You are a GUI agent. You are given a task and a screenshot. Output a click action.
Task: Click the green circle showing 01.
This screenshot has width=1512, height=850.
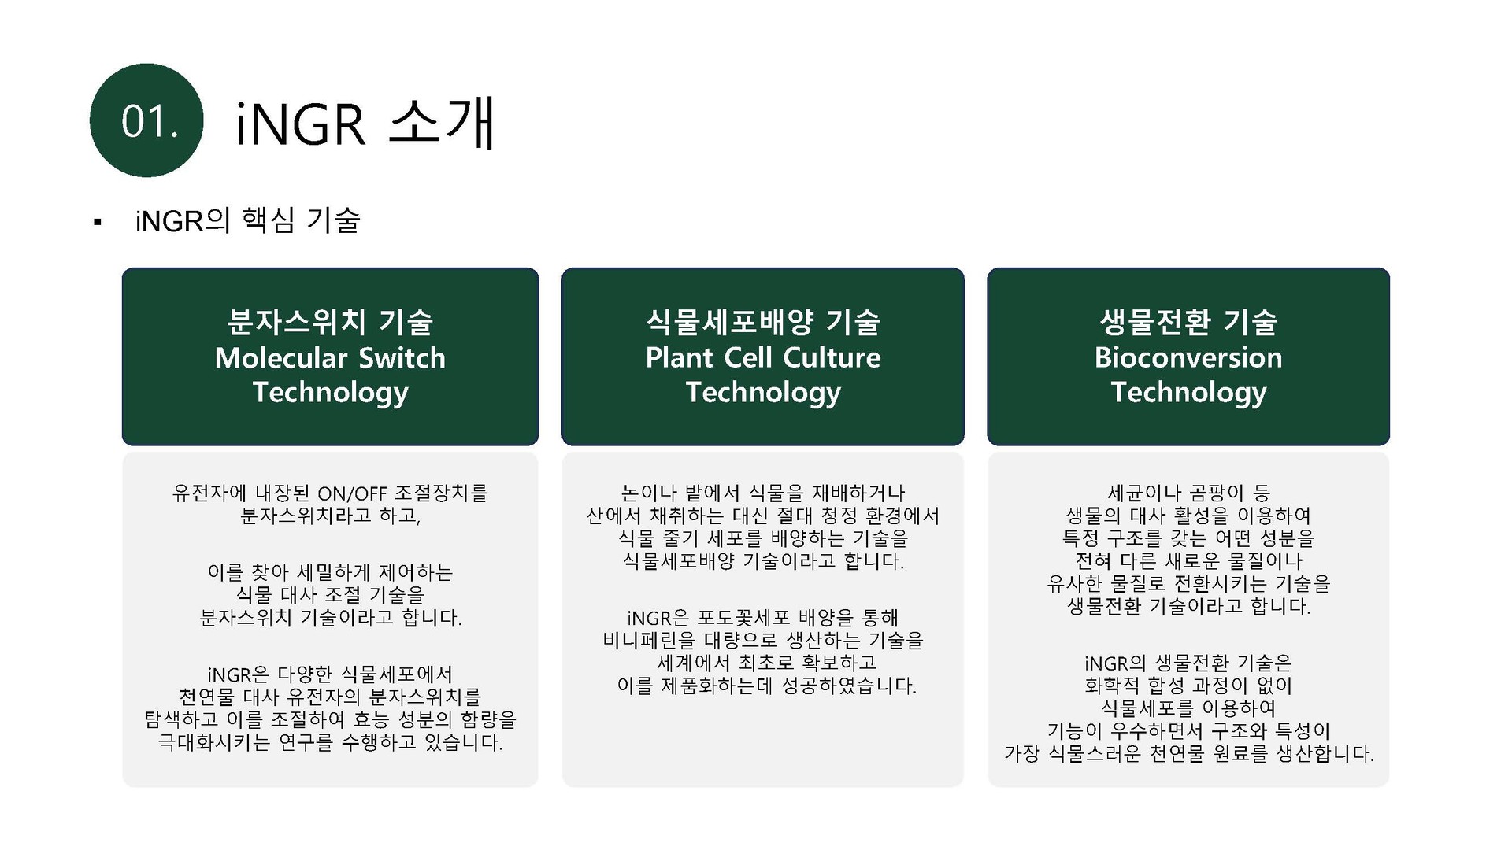[146, 120]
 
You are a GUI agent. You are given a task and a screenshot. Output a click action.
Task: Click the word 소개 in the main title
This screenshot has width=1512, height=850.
[441, 123]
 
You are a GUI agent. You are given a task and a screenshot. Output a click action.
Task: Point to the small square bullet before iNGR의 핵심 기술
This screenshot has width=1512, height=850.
[98, 223]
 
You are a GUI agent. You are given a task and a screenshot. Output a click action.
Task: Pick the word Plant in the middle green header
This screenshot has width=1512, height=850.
[679, 357]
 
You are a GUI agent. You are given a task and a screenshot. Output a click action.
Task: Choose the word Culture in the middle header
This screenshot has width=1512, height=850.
[832, 357]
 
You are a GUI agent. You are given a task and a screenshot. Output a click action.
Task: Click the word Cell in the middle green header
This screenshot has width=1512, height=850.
[748, 357]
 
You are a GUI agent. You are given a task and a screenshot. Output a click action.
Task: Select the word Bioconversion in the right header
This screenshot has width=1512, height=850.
[1188, 357]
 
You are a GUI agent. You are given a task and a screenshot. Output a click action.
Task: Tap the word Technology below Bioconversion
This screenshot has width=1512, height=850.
[1188, 393]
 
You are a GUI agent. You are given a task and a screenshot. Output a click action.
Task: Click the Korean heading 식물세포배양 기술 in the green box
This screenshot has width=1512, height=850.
[763, 321]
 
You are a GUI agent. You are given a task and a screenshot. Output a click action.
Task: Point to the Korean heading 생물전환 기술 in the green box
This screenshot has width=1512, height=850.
[1188, 321]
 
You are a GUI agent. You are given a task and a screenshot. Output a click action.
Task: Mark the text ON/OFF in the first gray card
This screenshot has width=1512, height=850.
[352, 493]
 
